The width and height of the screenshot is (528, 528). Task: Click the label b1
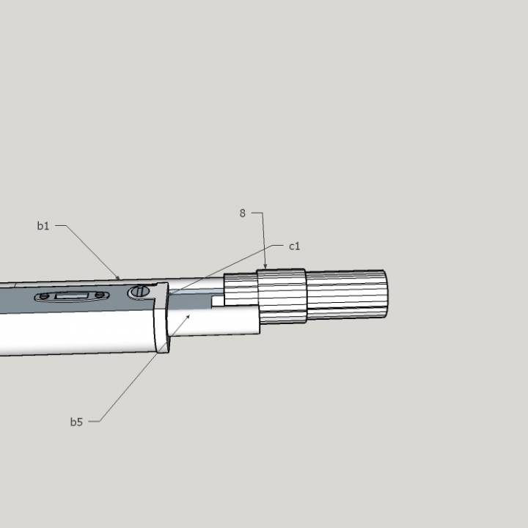click(43, 226)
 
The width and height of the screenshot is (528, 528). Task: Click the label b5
click(76, 422)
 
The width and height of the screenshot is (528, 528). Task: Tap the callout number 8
click(242, 213)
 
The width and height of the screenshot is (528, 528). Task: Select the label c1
click(294, 246)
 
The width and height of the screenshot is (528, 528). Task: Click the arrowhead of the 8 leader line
click(266, 268)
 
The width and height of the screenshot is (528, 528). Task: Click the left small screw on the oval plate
click(45, 296)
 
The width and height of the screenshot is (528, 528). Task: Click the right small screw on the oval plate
click(99, 296)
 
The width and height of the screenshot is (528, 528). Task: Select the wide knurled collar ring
click(281, 296)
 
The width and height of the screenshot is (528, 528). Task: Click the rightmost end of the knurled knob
click(385, 293)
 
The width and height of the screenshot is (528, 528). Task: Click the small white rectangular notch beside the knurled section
click(218, 301)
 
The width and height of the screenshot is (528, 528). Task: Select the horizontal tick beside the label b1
click(60, 226)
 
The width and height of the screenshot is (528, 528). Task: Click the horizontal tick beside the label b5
click(93, 422)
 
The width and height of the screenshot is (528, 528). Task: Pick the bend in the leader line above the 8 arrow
click(263, 213)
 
